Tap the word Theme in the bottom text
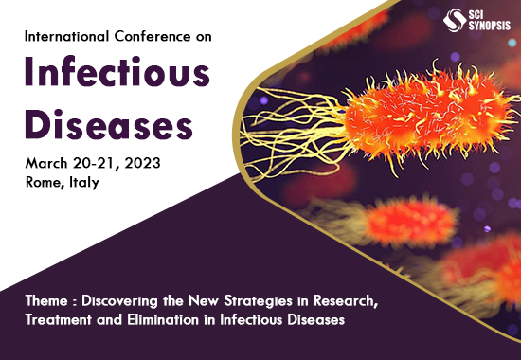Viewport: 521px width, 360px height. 45,302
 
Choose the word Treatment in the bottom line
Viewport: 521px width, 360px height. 63,320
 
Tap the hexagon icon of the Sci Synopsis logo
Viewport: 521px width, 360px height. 452,19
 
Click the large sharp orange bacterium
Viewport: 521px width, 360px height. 417,118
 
